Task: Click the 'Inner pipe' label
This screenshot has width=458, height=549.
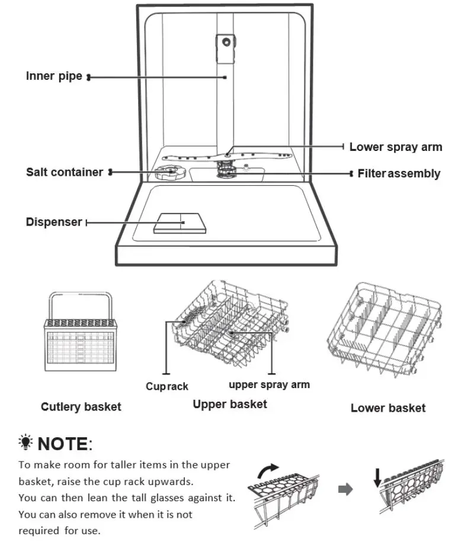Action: pyautogui.click(x=54, y=76)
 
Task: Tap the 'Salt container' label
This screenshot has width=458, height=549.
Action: pyautogui.click(x=64, y=172)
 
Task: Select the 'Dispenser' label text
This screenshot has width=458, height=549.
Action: pyautogui.click(x=53, y=222)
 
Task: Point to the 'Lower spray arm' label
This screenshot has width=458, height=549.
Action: pyautogui.click(x=395, y=147)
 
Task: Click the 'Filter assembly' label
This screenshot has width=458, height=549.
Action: pyautogui.click(x=399, y=174)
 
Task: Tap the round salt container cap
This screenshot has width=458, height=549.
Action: pyautogui.click(x=169, y=173)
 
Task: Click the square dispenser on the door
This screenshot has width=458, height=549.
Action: pyautogui.click(x=181, y=223)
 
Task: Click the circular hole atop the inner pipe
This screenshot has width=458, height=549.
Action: pyautogui.click(x=226, y=41)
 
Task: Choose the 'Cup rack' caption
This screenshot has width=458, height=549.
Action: pyautogui.click(x=166, y=386)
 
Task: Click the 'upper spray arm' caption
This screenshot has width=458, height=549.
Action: pyautogui.click(x=269, y=385)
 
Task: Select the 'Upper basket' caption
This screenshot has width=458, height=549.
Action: pyautogui.click(x=229, y=404)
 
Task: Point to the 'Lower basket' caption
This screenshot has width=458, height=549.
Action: pyautogui.click(x=387, y=408)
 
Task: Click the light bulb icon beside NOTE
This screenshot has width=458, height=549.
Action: pyautogui.click(x=25, y=443)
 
